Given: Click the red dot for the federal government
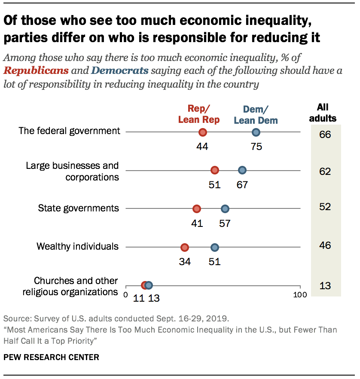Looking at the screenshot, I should click(x=202, y=132).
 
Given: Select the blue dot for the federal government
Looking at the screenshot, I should click(x=256, y=132).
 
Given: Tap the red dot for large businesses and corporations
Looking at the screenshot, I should click(x=215, y=171).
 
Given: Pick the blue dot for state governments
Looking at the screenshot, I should click(x=225, y=209).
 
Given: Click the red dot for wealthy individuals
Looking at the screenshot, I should click(x=185, y=247).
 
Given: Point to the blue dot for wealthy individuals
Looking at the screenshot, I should click(x=215, y=247).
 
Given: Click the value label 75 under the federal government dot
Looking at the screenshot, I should click(x=256, y=147).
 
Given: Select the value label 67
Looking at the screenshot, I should click(x=242, y=185).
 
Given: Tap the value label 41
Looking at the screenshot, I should click(x=197, y=223).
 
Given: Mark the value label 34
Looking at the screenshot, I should click(x=185, y=261).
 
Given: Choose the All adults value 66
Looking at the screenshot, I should click(x=325, y=134).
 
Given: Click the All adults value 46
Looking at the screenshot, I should click(x=325, y=246).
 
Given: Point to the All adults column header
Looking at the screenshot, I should click(x=326, y=113).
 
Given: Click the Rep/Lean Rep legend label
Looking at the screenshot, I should click(x=198, y=114).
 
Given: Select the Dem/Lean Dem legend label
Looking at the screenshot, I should click(x=256, y=115).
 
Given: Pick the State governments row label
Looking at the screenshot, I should click(x=78, y=208).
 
